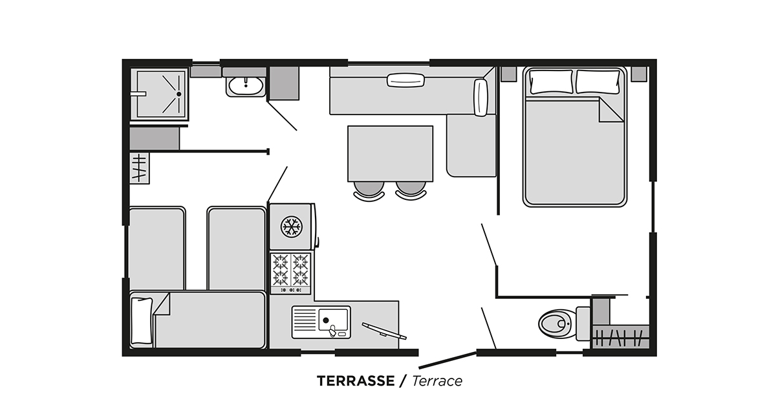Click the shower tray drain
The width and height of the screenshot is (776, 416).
(x=177, y=93)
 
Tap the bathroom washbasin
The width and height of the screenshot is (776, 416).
(x=245, y=85)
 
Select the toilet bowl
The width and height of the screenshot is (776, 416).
(x=555, y=323)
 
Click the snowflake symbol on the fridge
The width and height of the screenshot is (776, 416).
(x=291, y=226)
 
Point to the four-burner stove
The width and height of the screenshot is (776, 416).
(x=290, y=270)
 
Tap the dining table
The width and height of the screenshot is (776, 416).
(x=390, y=153)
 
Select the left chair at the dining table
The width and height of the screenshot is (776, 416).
(x=369, y=189)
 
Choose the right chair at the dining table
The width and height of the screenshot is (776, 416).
(x=411, y=189)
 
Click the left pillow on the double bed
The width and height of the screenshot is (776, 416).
(x=551, y=81)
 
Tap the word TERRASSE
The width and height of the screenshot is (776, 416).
(x=355, y=381)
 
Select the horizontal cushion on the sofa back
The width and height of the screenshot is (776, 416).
(x=405, y=80)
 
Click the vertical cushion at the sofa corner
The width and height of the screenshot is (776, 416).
(x=480, y=97)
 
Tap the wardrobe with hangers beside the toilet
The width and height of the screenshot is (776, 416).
(x=620, y=337)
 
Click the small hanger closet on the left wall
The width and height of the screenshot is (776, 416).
(x=139, y=167)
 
